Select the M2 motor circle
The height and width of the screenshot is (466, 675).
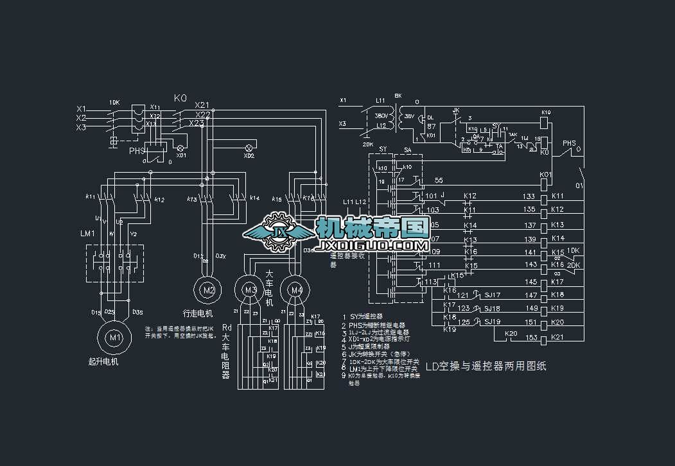click(x=208, y=290)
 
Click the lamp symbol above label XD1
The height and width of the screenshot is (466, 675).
click(x=180, y=147)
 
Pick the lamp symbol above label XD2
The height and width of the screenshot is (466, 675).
click(x=249, y=148)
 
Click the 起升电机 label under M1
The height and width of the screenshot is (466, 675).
click(x=103, y=361)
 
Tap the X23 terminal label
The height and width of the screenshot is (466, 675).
click(x=197, y=123)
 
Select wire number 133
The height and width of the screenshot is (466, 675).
click(x=529, y=196)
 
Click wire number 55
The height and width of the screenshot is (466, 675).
click(x=439, y=181)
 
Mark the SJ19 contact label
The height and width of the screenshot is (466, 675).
click(x=493, y=322)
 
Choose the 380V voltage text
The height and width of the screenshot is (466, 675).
click(x=381, y=116)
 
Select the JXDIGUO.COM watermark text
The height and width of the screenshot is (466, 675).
click(x=373, y=246)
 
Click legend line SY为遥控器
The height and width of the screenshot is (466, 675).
click(x=366, y=316)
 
